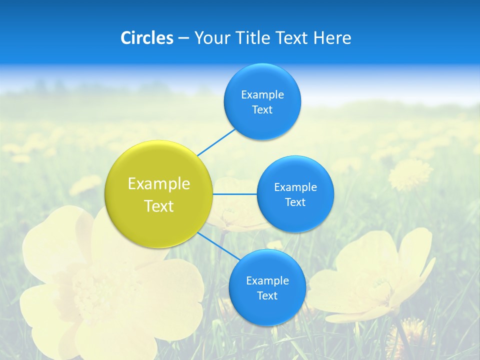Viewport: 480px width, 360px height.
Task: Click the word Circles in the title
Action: pos(146,38)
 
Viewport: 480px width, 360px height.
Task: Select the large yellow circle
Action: pos(159,194)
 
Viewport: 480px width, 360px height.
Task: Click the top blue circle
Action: pos(262,101)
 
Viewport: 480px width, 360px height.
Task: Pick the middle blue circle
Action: pos(295,194)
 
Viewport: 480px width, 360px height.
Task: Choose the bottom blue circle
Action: pos(267,287)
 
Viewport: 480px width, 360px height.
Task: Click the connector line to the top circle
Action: pos(216,142)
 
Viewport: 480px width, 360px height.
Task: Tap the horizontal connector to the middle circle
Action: pos(234,194)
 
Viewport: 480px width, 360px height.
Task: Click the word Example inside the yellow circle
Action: pos(159,184)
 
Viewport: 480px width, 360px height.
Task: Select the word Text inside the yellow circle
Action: pos(159,206)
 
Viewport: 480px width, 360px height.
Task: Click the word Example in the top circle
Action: pos(262,94)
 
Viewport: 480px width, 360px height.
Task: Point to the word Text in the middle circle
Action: pos(295,202)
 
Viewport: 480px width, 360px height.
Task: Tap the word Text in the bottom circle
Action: pos(267,295)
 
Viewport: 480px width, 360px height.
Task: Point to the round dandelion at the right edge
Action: pos(410,174)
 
